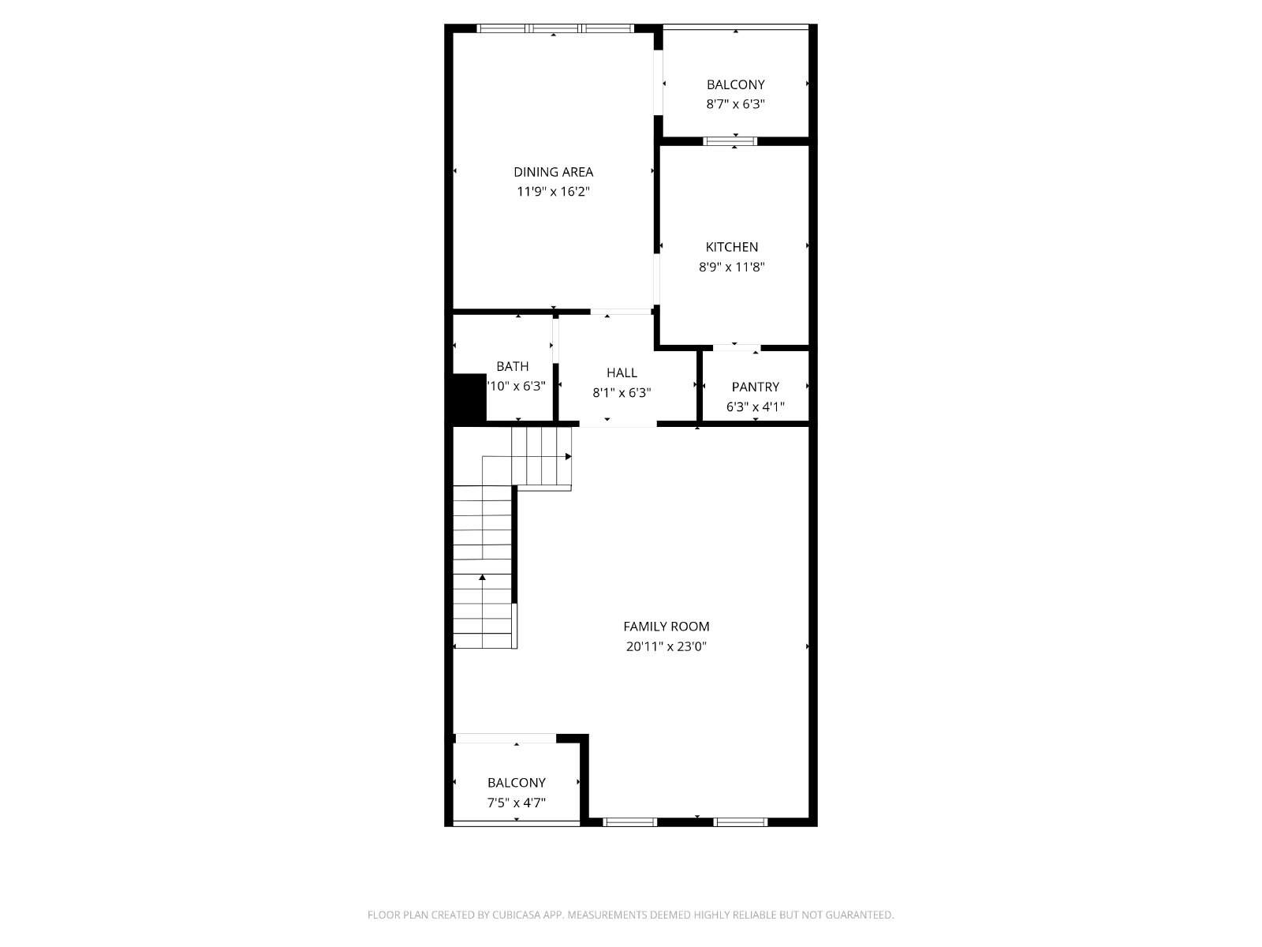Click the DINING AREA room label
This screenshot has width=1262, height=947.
[553, 172]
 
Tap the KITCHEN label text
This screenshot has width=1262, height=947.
[731, 247]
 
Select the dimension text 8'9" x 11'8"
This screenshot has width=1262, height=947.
[731, 267]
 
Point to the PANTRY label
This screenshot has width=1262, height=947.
[755, 387]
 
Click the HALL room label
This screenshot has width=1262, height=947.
[622, 372]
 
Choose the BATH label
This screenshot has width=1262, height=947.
[512, 366]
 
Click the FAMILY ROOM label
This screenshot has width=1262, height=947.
[666, 627]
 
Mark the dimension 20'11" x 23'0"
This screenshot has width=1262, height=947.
[666, 646]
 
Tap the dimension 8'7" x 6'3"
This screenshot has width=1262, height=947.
[735, 104]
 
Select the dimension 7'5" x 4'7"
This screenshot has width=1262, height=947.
[516, 803]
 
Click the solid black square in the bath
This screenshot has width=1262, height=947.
[469, 399]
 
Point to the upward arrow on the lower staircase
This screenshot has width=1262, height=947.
[482, 578]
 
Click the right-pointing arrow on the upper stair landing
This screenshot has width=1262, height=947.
[568, 456]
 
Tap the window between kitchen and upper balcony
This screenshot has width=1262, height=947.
[730, 141]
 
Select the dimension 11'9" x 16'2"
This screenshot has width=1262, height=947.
[553, 192]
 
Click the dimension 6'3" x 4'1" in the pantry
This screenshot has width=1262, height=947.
[755, 407]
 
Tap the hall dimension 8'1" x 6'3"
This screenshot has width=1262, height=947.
[622, 392]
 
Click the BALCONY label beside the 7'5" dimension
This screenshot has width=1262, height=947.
[516, 783]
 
